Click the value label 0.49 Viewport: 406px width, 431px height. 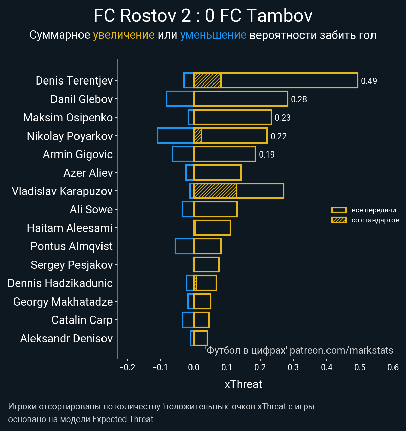coord(369,81)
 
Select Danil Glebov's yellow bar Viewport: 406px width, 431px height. coord(241,99)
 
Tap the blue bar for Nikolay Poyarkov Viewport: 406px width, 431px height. coord(176,136)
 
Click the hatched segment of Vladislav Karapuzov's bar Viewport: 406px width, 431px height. coord(215,191)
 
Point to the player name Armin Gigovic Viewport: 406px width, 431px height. coord(77,154)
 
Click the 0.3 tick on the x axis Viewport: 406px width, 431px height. coord(293,367)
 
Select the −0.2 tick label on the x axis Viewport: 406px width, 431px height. coord(127,367)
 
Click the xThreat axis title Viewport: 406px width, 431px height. coord(243,384)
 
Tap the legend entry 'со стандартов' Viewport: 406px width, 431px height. coord(375,220)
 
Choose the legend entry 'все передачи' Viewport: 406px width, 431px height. coord(374,210)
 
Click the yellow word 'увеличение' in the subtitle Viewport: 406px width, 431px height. coord(123,35)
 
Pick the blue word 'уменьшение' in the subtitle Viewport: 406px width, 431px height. coord(213,35)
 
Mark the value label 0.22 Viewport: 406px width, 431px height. coord(278,136)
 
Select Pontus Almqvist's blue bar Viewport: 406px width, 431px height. coord(184,246)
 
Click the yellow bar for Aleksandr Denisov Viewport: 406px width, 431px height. coord(201,338)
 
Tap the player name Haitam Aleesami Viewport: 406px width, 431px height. coord(70,228)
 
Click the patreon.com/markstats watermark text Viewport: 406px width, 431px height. coord(341,350)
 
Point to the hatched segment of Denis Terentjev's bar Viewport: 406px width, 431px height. coord(207,80)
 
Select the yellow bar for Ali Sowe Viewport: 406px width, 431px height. coord(216,209)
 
